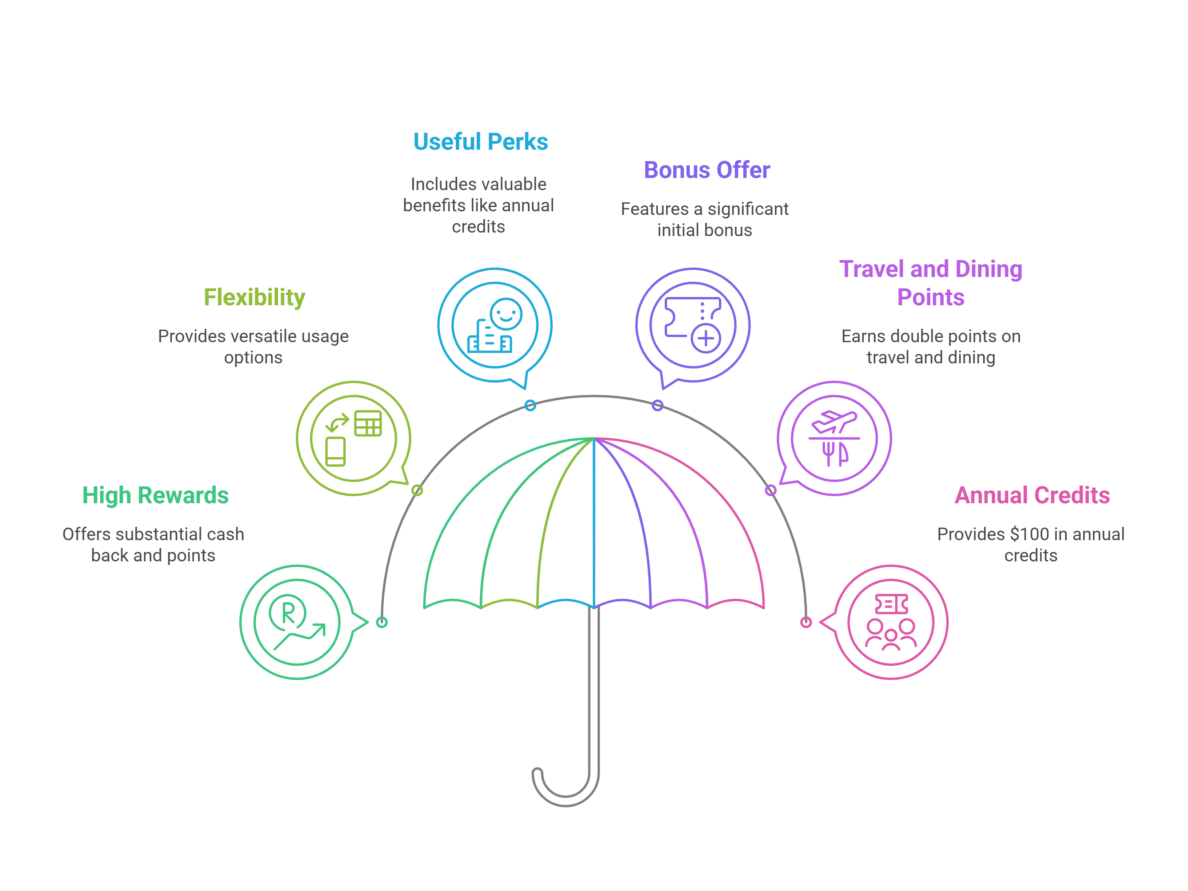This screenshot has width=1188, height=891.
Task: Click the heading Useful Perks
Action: click(480, 142)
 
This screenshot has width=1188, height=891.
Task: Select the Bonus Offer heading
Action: click(706, 170)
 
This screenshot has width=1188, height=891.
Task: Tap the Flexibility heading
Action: click(254, 297)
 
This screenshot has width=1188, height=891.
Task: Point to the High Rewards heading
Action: click(155, 495)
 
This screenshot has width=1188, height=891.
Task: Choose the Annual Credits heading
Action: click(1032, 495)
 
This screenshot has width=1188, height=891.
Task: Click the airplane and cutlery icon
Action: click(834, 438)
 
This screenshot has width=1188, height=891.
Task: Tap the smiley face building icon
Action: click(495, 325)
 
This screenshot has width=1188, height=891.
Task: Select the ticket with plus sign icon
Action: click(693, 325)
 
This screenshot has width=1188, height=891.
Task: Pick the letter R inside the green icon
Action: click(288, 612)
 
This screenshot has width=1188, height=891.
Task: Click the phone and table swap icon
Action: click(354, 438)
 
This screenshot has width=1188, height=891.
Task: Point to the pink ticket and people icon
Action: click(891, 622)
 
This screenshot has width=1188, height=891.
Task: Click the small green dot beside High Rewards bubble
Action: click(382, 622)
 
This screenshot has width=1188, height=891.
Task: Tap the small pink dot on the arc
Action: click(806, 622)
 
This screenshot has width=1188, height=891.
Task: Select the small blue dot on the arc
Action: click(530, 405)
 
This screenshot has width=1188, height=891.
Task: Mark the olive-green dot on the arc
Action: click(417, 490)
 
